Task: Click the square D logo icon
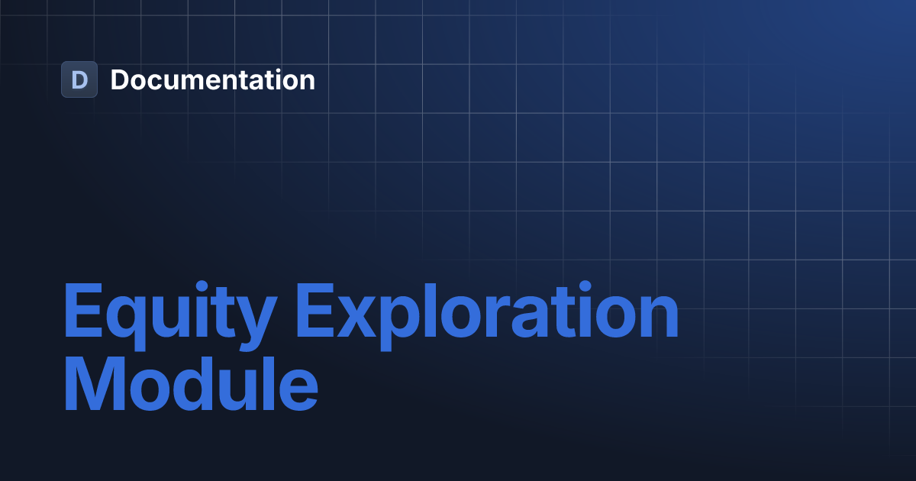click(79, 79)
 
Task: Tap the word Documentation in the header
click(212, 79)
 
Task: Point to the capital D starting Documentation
click(120, 79)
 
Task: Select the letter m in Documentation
click(192, 82)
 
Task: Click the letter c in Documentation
click(158, 82)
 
